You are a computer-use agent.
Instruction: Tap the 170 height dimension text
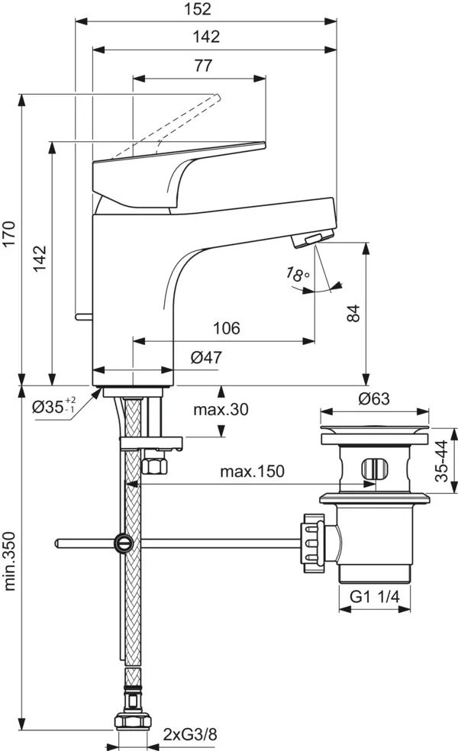[x=8, y=237]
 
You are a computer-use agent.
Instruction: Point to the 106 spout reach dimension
[x=226, y=328]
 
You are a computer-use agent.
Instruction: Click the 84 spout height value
[x=353, y=312]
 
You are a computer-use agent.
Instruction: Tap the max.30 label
[x=221, y=410]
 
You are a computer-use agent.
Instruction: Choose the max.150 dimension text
[x=253, y=472]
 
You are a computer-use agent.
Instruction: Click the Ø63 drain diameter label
[x=373, y=398]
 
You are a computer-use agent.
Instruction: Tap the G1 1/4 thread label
[x=375, y=597]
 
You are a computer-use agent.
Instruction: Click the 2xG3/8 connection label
[x=190, y=735]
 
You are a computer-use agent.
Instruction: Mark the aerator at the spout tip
[x=311, y=241]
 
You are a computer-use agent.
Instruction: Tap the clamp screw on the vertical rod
[x=121, y=543]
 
